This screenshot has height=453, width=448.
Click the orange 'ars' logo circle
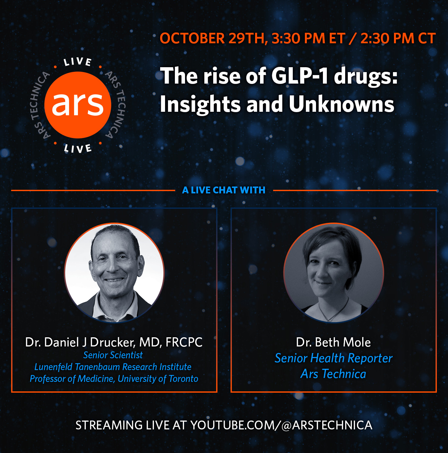78,105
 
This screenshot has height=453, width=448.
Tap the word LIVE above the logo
78,62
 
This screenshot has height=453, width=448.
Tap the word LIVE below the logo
78,148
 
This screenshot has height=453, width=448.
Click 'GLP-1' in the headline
300,76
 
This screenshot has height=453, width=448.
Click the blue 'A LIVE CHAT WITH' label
224,190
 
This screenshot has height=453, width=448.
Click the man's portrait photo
114,273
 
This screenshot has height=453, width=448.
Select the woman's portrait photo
334,273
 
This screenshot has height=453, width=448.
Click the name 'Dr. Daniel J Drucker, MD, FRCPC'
114,343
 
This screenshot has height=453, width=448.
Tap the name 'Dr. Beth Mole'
333,342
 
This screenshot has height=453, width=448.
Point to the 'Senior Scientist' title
113,355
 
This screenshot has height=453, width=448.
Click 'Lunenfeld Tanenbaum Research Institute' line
113,367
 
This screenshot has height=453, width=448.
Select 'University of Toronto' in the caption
158,379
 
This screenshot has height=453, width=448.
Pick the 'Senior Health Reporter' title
334,359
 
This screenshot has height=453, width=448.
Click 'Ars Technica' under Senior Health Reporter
333,374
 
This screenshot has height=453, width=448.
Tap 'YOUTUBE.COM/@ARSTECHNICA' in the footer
281,425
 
